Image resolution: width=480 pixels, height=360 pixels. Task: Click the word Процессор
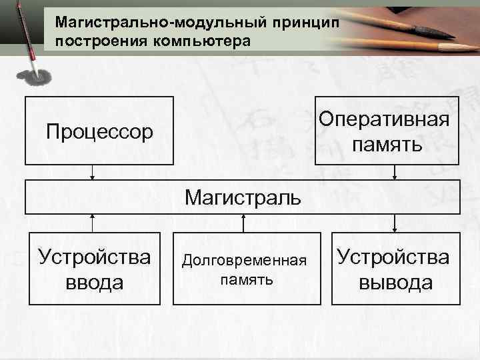pos(99,131)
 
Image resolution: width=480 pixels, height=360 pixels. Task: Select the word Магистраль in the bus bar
pos(243,197)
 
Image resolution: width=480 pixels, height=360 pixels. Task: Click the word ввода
pos(94,282)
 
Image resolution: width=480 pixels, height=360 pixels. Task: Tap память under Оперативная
pos(387,144)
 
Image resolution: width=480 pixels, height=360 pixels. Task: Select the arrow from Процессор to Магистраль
pos(93,172)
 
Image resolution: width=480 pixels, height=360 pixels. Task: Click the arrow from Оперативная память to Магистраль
pos(395,172)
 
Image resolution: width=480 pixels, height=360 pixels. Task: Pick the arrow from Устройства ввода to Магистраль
pos(93,223)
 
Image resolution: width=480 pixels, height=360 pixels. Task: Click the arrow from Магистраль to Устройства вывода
pos(395,223)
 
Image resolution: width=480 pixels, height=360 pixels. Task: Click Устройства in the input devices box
pos(94,257)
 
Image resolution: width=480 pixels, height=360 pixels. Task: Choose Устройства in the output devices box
pos(393,257)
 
